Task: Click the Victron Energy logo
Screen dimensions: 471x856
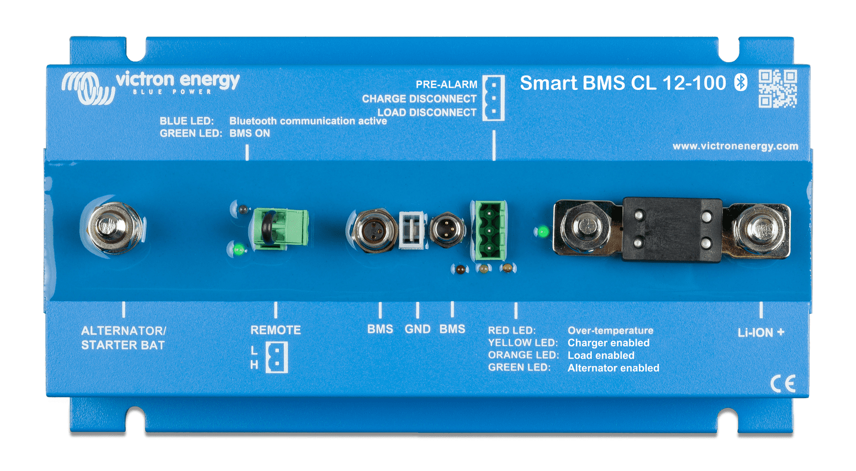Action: coord(150,85)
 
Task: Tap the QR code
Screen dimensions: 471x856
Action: coord(778,88)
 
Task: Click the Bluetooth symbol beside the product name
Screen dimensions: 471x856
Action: coord(741,83)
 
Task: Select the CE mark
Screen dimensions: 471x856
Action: coord(783,383)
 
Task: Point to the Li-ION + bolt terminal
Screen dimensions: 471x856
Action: coord(760,228)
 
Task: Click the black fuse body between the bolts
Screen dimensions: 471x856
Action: coord(672,229)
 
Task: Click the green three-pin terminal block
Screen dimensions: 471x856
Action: coord(489,230)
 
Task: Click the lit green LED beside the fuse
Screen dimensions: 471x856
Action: coord(543,231)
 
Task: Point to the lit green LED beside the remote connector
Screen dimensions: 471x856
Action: coord(239,249)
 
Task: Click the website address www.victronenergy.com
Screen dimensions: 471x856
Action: coord(735,146)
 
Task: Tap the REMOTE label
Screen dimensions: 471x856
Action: coord(276,330)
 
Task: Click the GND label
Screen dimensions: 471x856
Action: coord(418,329)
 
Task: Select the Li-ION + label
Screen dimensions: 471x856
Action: coord(761,332)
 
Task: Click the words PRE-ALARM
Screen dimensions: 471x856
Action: coord(446,84)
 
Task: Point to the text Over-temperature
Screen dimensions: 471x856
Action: coord(610,330)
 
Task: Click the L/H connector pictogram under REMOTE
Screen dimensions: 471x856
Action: coord(276,357)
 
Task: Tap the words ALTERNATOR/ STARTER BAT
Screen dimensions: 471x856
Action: coord(123,338)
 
